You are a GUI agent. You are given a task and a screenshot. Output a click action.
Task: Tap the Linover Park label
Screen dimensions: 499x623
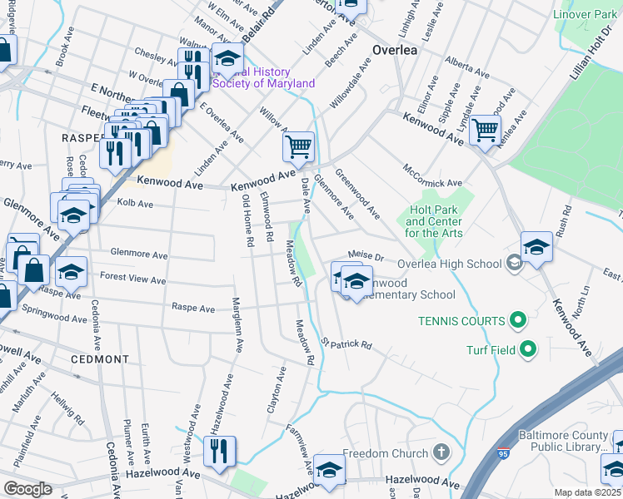click(587, 15)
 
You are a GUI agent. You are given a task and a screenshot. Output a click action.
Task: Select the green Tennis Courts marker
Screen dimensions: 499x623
click(517, 320)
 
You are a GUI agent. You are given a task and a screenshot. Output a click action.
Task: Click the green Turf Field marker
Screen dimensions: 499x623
click(526, 350)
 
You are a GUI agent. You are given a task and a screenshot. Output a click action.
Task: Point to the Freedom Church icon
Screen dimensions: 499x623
click(442, 453)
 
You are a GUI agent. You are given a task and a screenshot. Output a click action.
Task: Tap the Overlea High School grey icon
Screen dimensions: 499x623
click(515, 264)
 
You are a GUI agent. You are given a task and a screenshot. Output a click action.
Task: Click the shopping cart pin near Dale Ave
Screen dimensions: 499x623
click(298, 148)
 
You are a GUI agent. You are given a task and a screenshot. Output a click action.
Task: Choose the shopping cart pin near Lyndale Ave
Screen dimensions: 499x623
click(485, 130)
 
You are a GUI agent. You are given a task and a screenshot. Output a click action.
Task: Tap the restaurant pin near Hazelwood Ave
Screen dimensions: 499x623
click(220, 451)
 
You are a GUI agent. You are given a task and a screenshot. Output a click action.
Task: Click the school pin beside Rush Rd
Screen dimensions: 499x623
click(536, 246)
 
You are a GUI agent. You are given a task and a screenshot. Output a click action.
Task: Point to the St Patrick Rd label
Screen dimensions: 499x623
click(346, 343)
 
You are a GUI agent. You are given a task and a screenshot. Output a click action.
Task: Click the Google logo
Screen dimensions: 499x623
click(27, 489)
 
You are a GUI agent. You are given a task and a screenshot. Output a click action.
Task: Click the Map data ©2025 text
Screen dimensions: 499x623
click(587, 492)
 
